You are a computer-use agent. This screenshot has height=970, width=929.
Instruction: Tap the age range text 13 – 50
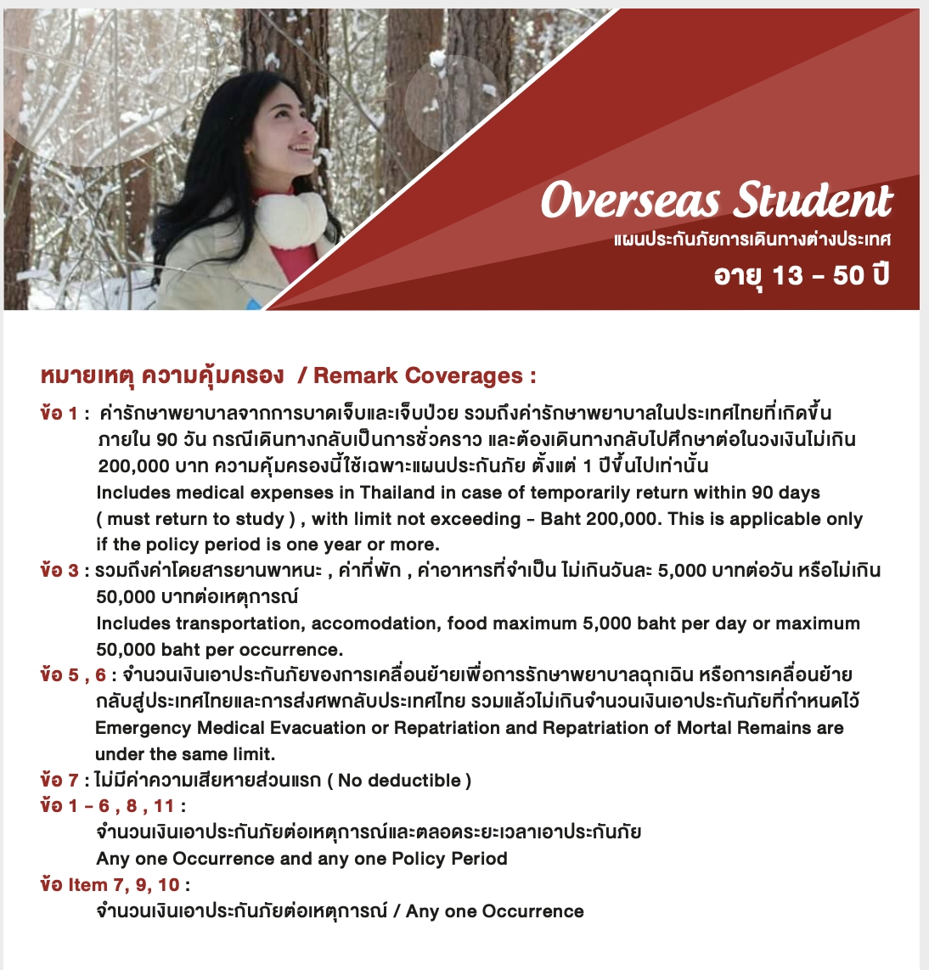point(817,275)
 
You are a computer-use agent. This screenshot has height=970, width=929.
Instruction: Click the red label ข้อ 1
point(59,414)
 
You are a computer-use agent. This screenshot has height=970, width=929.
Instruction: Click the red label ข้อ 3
point(59,570)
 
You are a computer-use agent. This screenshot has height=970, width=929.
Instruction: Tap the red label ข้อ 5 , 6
point(73,675)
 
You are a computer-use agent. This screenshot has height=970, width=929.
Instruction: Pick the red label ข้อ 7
point(59,780)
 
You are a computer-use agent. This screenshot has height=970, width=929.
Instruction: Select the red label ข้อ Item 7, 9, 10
point(110,885)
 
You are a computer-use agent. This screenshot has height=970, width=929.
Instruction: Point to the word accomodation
point(376,623)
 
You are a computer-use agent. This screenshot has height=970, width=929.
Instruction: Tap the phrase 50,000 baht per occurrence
point(219,650)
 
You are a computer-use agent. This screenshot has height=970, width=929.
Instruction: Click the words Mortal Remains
point(744,728)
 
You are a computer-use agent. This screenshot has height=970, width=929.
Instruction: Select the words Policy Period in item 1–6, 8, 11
point(449,859)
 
